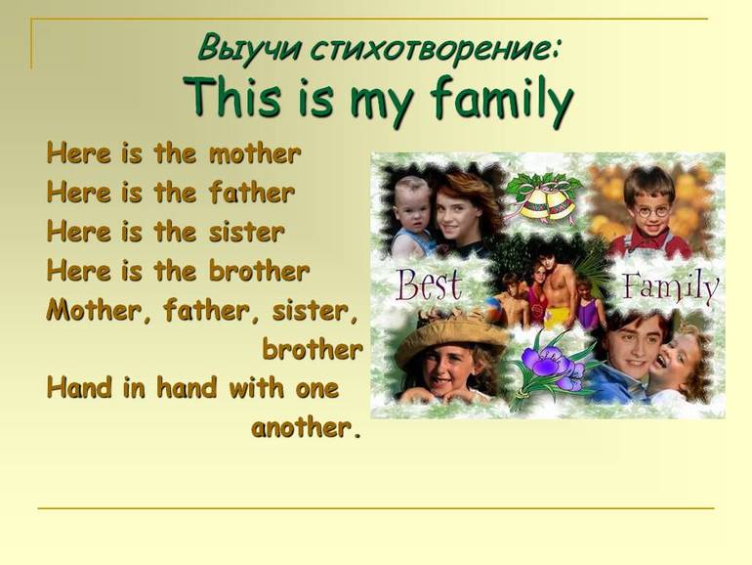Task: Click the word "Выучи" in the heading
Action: pyautogui.click(x=248, y=48)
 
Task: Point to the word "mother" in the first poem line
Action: pyautogui.click(x=255, y=154)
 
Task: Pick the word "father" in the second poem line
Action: pyautogui.click(x=252, y=193)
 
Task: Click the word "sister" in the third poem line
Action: pyautogui.click(x=246, y=232)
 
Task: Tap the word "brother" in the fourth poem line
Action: pyautogui.click(x=259, y=271)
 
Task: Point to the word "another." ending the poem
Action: pyautogui.click(x=306, y=427)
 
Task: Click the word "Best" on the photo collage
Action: pyautogui.click(x=429, y=285)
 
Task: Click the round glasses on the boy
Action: pyautogui.click(x=651, y=211)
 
